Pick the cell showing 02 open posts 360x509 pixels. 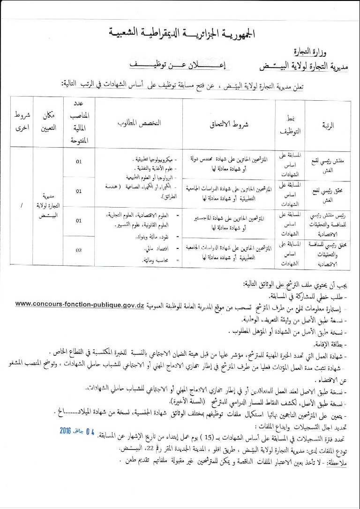pyautogui.click(x=79, y=250)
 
